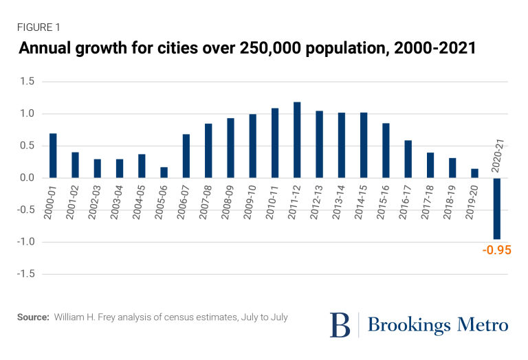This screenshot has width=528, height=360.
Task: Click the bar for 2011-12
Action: pos(297,139)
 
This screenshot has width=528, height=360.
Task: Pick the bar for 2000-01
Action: pos(53,155)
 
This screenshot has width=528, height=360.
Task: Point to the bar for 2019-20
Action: pos(474,173)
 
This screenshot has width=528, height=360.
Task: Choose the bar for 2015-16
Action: pos(386,150)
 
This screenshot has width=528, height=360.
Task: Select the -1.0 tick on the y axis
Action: pos(27,242)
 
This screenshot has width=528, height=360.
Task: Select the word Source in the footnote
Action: pos(32,317)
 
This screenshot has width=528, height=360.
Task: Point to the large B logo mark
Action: pos(340,324)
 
